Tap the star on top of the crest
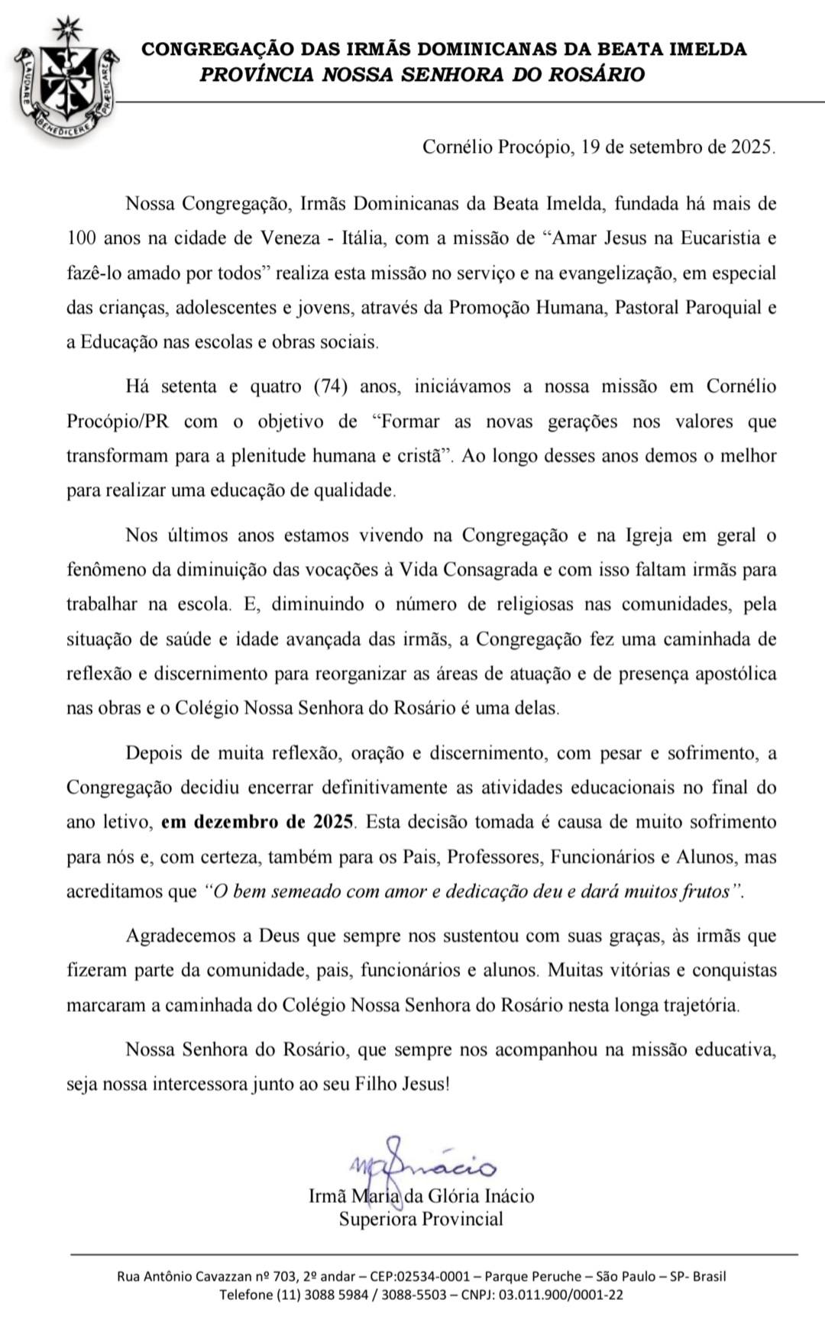67,28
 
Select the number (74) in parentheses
331,386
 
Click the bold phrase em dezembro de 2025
258,823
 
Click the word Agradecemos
181,936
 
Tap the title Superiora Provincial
421,1219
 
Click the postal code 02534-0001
429,1276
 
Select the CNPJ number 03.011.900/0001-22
561,1295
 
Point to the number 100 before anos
82,238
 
